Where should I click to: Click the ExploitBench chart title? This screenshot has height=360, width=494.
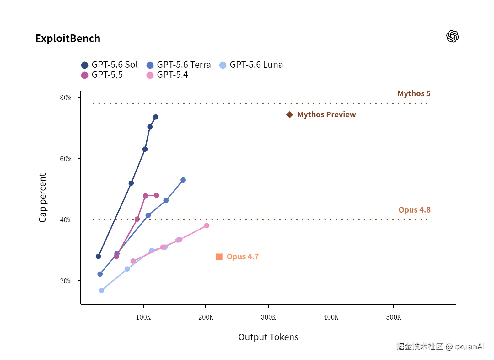(x=68, y=39)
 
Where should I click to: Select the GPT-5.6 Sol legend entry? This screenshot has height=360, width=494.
(x=110, y=65)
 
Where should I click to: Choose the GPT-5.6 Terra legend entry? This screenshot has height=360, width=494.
(x=179, y=65)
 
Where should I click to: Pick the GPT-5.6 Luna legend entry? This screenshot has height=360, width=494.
(x=251, y=65)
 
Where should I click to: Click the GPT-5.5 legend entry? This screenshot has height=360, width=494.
(x=102, y=75)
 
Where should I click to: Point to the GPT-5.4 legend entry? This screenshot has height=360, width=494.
(x=167, y=75)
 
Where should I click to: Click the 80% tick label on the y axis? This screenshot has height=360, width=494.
(x=66, y=98)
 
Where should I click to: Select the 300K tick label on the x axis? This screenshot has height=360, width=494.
(x=269, y=318)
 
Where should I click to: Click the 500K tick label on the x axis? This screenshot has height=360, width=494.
(x=394, y=318)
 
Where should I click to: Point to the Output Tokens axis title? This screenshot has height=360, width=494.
(x=269, y=337)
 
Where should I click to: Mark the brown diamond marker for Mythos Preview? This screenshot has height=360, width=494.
(x=290, y=115)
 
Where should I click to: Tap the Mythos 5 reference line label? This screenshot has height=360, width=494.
(x=414, y=94)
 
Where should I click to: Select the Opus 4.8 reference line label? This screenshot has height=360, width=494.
(x=415, y=210)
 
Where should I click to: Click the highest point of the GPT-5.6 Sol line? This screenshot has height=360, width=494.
(x=156, y=117)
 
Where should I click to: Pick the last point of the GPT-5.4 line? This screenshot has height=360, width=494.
(x=207, y=226)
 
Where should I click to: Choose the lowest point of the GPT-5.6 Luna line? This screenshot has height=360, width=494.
(x=101, y=291)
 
